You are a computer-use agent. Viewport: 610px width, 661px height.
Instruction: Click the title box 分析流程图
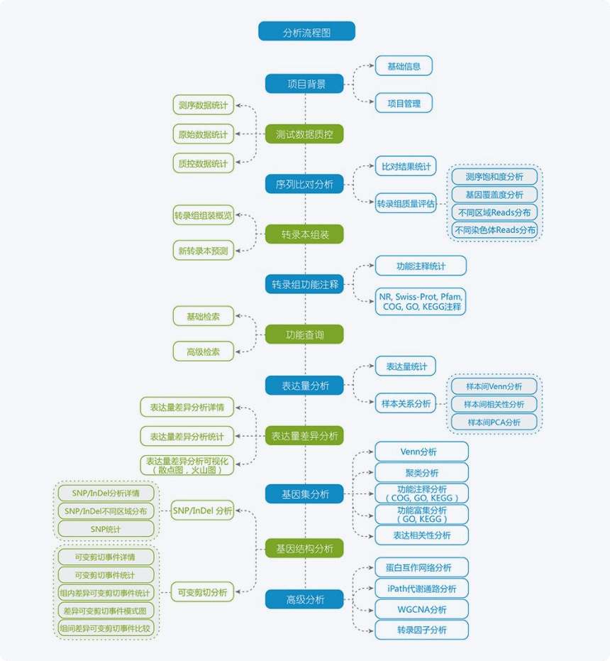[306, 31]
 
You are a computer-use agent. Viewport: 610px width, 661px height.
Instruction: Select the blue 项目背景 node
[304, 84]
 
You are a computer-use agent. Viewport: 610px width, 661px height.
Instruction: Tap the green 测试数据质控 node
[304, 134]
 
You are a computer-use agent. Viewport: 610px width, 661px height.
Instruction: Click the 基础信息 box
[404, 66]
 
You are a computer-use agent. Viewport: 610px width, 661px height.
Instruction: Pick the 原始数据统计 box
[203, 134]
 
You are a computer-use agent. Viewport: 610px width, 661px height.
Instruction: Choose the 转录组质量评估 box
[405, 203]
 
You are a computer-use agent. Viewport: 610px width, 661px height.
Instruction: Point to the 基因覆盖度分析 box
[494, 195]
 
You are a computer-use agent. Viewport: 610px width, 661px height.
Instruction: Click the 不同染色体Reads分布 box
[494, 230]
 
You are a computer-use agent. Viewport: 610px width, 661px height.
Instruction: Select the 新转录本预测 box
[203, 251]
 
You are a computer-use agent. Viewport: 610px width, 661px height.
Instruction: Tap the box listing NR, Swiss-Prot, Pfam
[421, 302]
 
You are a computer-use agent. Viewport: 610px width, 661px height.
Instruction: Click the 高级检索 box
[203, 351]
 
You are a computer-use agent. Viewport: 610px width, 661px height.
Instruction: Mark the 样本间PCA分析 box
[494, 422]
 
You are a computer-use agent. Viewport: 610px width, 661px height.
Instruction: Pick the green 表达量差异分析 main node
[304, 436]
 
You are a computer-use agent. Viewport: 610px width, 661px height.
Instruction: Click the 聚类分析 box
[421, 473]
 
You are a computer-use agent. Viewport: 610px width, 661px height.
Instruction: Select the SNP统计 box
[106, 529]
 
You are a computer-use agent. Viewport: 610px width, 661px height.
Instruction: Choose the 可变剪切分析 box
[202, 592]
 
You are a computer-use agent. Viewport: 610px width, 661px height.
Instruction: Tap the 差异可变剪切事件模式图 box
[106, 611]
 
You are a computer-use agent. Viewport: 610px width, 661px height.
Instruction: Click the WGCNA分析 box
[421, 609]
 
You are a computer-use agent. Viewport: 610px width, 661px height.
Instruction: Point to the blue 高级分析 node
[304, 599]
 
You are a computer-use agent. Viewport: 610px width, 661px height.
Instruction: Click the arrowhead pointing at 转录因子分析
[371, 630]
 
